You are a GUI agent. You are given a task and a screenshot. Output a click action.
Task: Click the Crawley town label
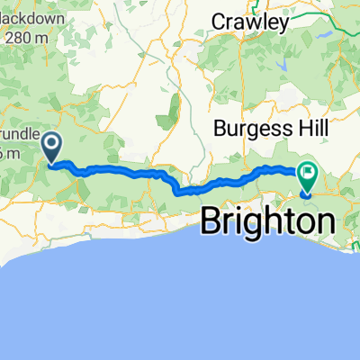tap(249, 21)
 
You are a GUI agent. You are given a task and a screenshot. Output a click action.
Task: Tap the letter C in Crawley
tap(217, 21)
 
